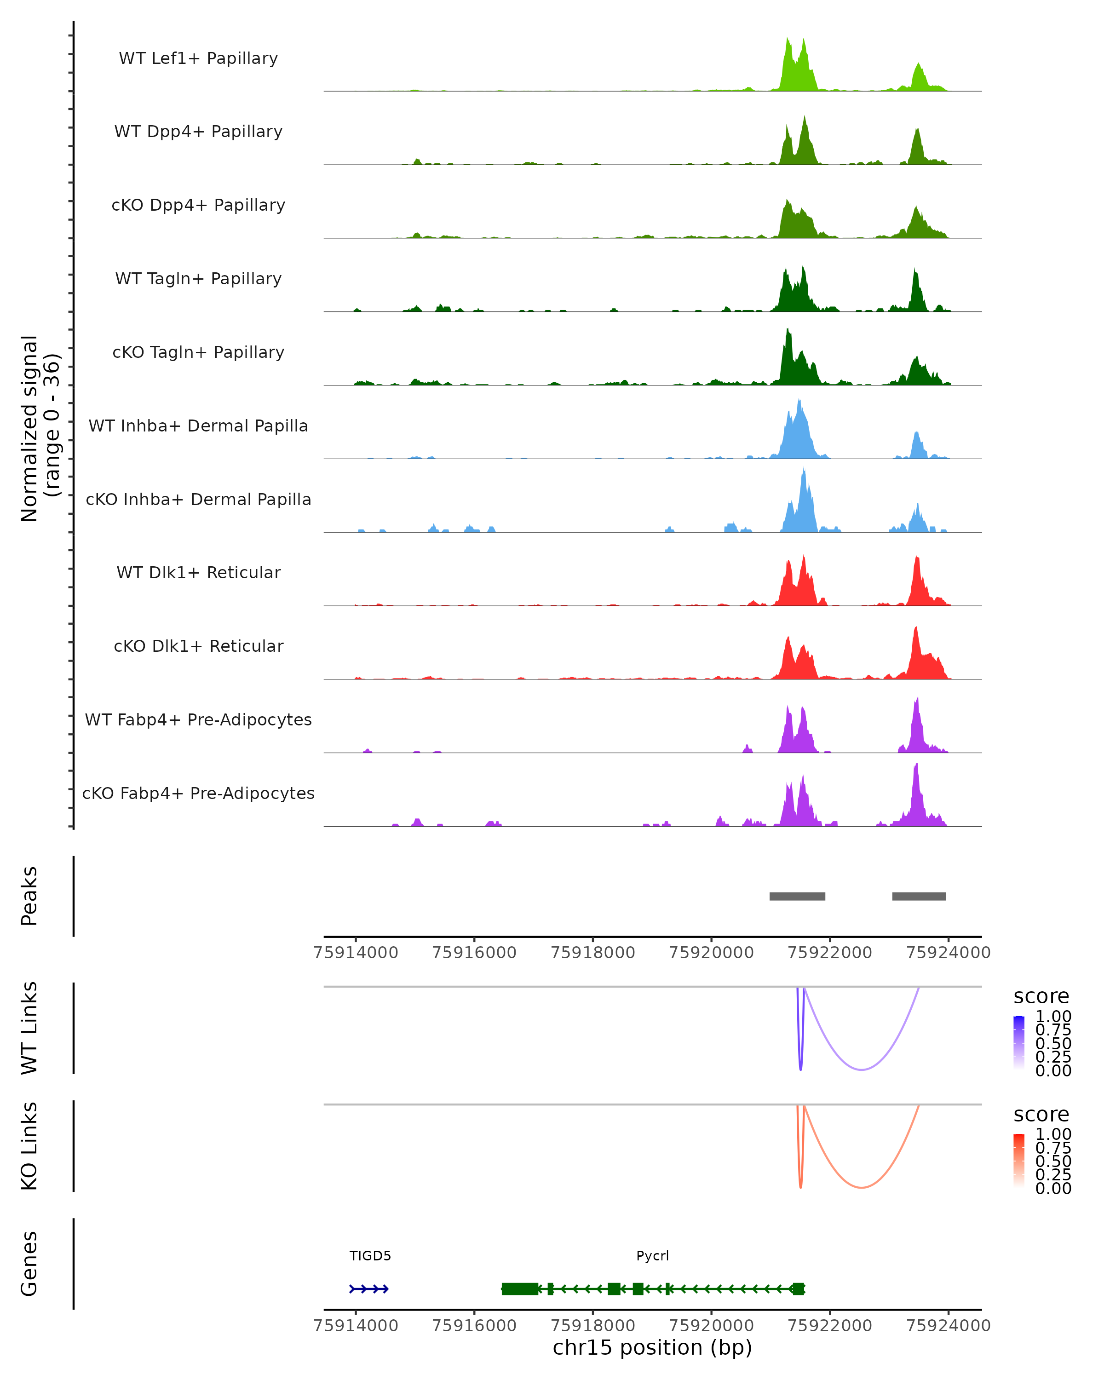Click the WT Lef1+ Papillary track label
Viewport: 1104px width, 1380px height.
tap(198, 58)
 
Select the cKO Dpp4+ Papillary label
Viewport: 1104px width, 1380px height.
tap(198, 206)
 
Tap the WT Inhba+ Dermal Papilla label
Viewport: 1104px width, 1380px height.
tap(198, 426)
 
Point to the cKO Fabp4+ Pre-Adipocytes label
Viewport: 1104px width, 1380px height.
tap(198, 793)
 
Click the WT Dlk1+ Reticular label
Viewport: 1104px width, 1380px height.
tap(198, 573)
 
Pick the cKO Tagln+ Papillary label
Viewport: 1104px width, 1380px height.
tap(198, 353)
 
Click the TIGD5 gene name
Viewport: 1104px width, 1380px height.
tap(370, 1256)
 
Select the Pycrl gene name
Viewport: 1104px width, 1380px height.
tap(652, 1256)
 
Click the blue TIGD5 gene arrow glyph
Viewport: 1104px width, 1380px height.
tap(368, 1289)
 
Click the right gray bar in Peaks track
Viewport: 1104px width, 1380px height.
tap(919, 896)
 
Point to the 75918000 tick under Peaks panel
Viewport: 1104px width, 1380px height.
tap(592, 953)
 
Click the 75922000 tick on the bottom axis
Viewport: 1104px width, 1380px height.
tap(829, 1325)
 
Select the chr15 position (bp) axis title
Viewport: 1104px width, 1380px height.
tap(652, 1348)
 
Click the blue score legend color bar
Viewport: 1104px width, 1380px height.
tap(1019, 1042)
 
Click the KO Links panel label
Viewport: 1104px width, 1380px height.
tap(29, 1146)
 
